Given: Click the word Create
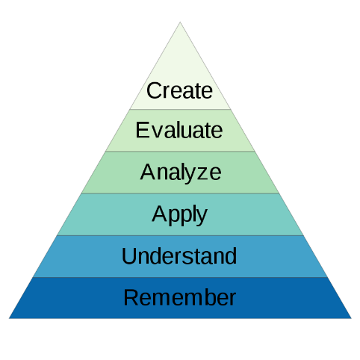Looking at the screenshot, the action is (x=179, y=90).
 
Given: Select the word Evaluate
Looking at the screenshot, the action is (x=179, y=130).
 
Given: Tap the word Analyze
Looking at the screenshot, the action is (x=181, y=173).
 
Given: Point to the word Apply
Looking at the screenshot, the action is (x=179, y=215).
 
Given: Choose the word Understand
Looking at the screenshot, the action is (x=179, y=256).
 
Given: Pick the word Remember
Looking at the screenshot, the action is (x=180, y=297).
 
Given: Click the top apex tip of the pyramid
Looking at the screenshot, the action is (x=180, y=22).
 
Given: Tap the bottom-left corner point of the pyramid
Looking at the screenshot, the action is (x=9, y=318).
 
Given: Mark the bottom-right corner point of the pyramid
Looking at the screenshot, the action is (x=351, y=318).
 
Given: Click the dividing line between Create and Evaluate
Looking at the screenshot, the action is (x=180, y=109).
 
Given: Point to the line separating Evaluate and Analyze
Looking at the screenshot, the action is (x=180, y=151).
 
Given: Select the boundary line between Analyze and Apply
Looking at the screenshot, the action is (x=180, y=193).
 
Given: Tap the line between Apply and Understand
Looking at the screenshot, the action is (x=180, y=235).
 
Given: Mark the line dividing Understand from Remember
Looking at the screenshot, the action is (x=180, y=277).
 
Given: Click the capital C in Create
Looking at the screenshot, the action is (x=154, y=90).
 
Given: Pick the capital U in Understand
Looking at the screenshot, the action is (x=128, y=256).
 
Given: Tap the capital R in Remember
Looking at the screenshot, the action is (x=131, y=297).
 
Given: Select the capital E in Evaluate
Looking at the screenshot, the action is (x=142, y=130).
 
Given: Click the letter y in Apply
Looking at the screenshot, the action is (x=202, y=217).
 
